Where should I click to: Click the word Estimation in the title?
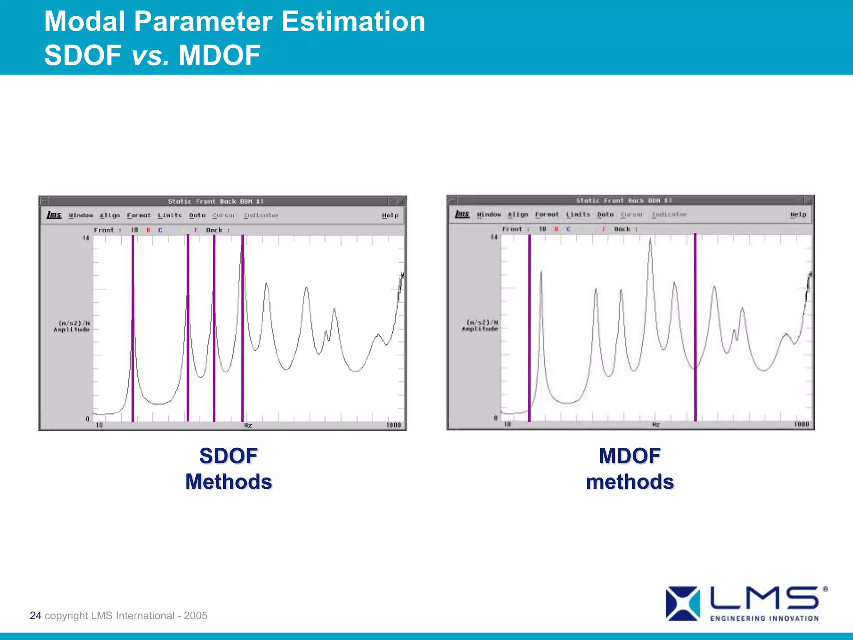click(353, 22)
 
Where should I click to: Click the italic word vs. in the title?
click(150, 56)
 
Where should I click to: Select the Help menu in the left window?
click(390, 215)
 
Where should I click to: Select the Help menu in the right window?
click(798, 215)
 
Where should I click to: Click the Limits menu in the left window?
click(170, 215)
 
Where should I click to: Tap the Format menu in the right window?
click(546, 215)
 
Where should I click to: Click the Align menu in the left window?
click(110, 215)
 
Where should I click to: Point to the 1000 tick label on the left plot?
click(393, 425)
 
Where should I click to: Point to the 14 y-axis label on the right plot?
click(494, 237)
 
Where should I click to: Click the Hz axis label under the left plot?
click(248, 425)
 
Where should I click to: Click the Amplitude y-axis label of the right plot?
click(480, 329)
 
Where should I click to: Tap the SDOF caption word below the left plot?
click(228, 456)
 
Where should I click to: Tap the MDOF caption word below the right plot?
click(629, 456)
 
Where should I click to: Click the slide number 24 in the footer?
click(35, 615)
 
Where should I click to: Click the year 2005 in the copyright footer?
click(195, 615)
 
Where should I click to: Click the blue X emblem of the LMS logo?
click(682, 603)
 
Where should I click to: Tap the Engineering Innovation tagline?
click(764, 618)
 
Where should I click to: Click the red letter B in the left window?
click(148, 230)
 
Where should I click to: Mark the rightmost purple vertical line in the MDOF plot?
click(695, 327)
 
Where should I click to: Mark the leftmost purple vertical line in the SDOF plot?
click(133, 327)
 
